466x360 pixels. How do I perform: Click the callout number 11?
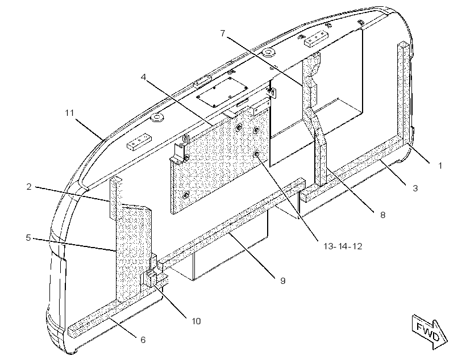click(69, 113)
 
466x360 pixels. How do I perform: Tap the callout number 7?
click(223, 34)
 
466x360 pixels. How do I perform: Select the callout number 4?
click(143, 77)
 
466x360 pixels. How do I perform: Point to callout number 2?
click(29, 187)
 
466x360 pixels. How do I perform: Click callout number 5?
click(28, 237)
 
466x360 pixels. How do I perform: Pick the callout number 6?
click(143, 340)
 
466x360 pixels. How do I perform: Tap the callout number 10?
click(196, 321)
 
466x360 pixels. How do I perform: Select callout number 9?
click(282, 281)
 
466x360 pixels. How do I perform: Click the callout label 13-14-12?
click(343, 246)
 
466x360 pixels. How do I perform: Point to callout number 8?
click(383, 215)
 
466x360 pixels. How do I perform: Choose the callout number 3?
click(415, 188)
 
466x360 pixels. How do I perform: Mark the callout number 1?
click(440, 166)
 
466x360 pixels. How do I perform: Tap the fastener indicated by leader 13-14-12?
click(257, 154)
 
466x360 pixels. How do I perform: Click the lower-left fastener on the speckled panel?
click(186, 195)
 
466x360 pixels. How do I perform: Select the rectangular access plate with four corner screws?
click(222, 92)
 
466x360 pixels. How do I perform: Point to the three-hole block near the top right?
click(315, 39)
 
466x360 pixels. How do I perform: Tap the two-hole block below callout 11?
click(139, 142)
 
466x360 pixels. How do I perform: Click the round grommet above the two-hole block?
click(157, 118)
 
